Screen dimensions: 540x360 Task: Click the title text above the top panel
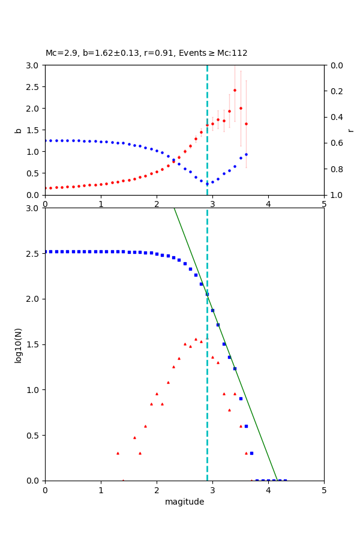[x=146, y=53]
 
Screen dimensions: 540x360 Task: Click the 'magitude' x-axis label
[x=184, y=502]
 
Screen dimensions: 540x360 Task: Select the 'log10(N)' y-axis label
[x=19, y=344]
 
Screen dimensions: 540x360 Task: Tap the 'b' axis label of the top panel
[x=19, y=130]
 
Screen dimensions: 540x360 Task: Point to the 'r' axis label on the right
[x=350, y=130]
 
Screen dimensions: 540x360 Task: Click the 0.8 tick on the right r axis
[x=332, y=169]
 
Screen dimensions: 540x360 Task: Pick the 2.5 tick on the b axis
[x=36, y=87]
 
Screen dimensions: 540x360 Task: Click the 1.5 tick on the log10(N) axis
[x=36, y=344]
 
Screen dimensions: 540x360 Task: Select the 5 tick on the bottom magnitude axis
[x=324, y=490]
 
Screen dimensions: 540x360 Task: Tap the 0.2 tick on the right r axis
[x=332, y=91]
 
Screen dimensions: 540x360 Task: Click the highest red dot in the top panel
[x=235, y=91]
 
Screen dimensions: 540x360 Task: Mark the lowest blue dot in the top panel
[x=207, y=184]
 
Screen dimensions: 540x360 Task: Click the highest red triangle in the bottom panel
[x=196, y=339]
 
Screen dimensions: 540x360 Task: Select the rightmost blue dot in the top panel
[x=246, y=154]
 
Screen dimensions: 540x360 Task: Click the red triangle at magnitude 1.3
[x=118, y=453]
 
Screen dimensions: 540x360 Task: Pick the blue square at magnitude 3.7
[x=251, y=453]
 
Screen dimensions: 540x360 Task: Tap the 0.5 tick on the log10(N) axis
[x=36, y=435]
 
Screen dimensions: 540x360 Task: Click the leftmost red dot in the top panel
[x=46, y=188]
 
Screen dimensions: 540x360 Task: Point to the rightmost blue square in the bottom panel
[x=285, y=480]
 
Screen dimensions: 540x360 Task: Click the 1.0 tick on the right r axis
[x=332, y=195]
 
